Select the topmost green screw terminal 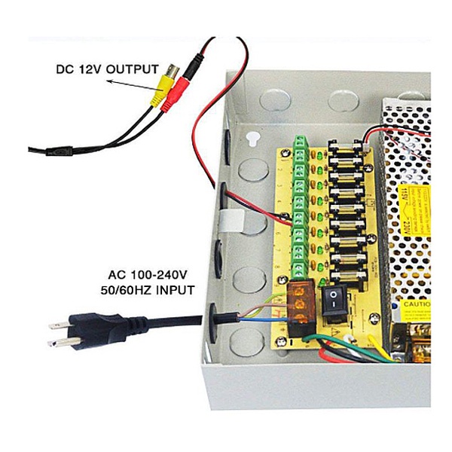point(301,144)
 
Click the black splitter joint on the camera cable point(58,151)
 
